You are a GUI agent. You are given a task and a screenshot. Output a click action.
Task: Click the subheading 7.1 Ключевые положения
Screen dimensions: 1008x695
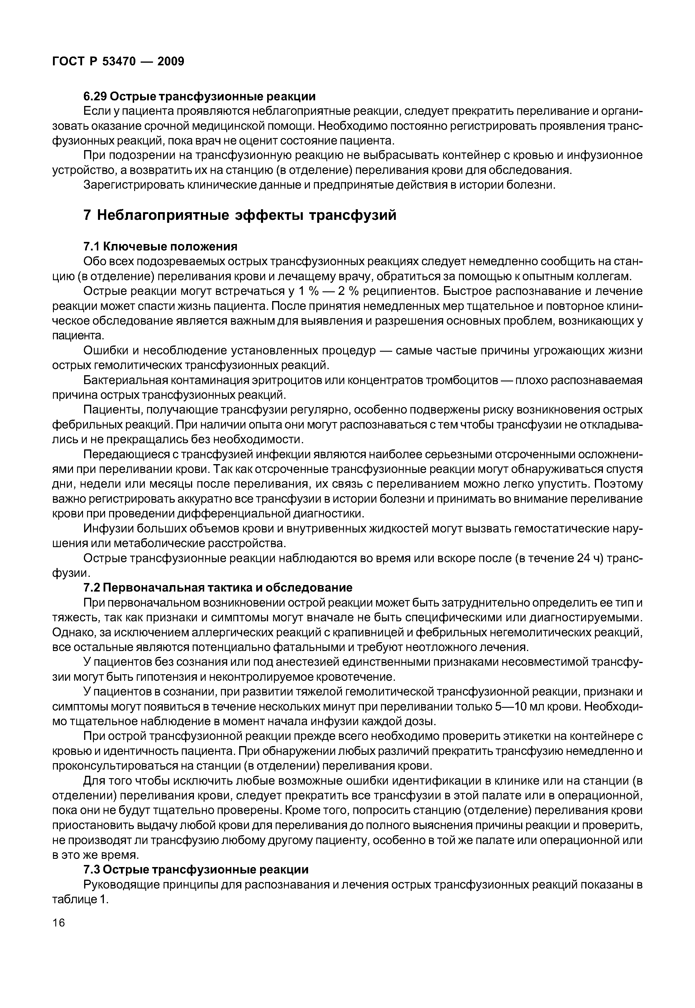pyautogui.click(x=160, y=247)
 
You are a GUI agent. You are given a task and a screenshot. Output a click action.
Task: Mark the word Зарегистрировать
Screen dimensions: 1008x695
pyautogui.click(x=134, y=185)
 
